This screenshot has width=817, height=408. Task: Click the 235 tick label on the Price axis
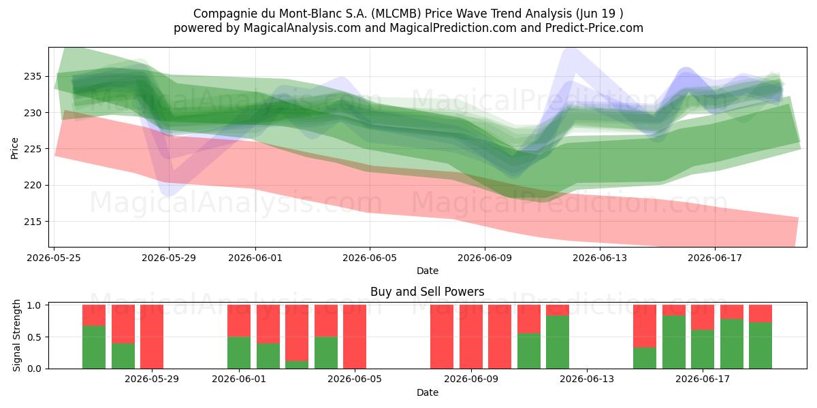33,76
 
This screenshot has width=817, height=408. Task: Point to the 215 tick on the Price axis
33,222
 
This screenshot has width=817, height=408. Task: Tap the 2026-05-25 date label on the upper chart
54,258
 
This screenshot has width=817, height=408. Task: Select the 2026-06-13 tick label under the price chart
600,258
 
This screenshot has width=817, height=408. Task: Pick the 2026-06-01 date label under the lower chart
239,379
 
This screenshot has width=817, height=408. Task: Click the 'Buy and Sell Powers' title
427,292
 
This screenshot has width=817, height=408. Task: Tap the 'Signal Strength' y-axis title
16,335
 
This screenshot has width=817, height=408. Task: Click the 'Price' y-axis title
14,148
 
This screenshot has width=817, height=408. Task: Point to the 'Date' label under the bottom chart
428,392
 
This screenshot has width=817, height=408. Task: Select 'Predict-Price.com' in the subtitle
594,28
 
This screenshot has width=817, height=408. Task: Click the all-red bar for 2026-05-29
152,337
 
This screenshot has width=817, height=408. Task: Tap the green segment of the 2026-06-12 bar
558,342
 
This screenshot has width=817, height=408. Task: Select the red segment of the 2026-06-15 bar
645,326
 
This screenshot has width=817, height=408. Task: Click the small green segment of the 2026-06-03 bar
297,364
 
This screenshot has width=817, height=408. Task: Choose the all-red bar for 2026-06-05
355,337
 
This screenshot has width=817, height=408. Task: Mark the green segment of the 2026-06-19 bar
760,345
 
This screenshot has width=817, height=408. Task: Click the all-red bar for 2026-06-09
471,337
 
